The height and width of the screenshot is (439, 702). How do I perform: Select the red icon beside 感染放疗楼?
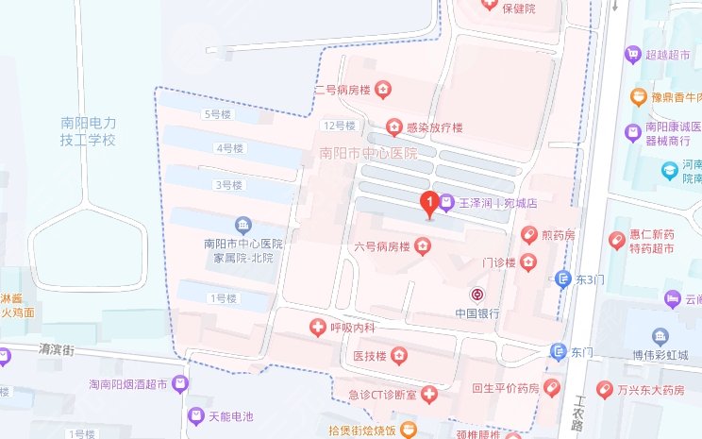pos(393,127)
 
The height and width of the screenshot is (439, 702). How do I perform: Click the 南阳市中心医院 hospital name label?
pos(368,153)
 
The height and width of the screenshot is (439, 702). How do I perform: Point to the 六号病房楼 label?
pos(381,247)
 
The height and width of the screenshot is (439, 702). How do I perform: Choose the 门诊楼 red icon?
pos(527,262)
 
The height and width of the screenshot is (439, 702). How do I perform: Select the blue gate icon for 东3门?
pos(560,279)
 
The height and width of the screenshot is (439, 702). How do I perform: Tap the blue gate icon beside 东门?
pos(559,351)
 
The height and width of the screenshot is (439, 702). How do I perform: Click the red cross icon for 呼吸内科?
pos(318,328)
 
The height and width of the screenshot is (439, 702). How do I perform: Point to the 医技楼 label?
pos(369,356)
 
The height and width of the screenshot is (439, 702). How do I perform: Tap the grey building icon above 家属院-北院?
pos(243,225)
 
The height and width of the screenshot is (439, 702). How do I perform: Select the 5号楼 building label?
pos(217,115)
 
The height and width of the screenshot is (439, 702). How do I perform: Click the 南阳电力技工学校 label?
pos(88,131)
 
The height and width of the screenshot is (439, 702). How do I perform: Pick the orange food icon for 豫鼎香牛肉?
pos(639,97)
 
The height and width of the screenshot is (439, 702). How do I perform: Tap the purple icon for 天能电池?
pos(195,415)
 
